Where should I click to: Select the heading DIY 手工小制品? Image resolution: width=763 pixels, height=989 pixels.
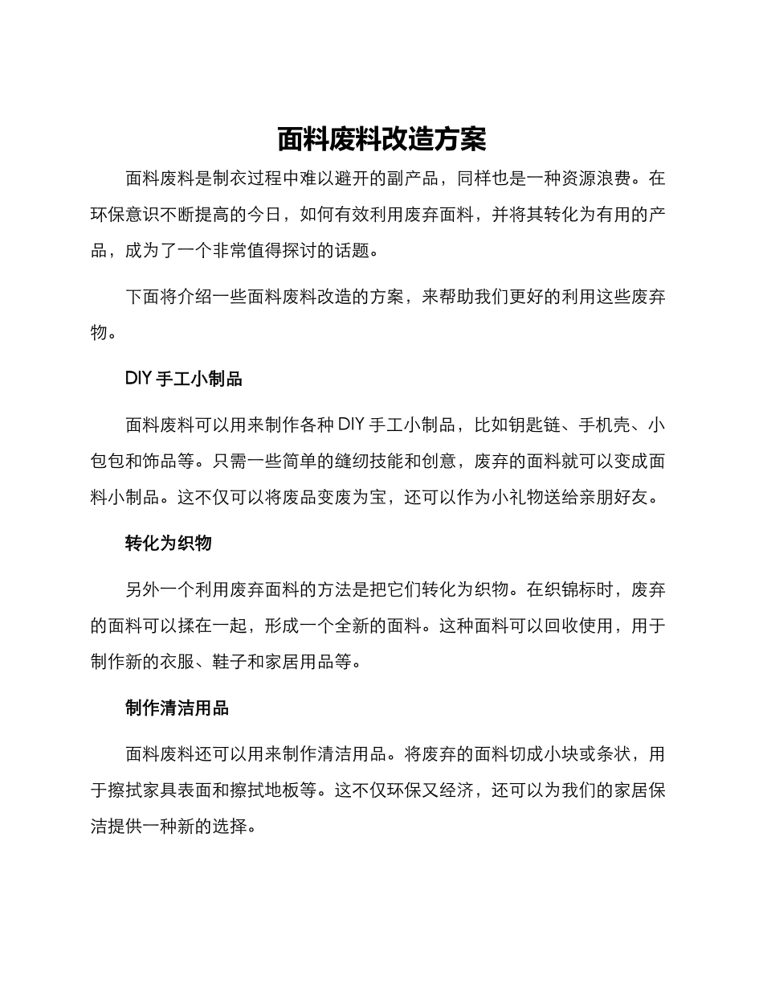[184, 379]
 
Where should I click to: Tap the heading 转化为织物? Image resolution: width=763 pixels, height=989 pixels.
[168, 543]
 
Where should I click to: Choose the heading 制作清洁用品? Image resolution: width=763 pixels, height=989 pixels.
[177, 708]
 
